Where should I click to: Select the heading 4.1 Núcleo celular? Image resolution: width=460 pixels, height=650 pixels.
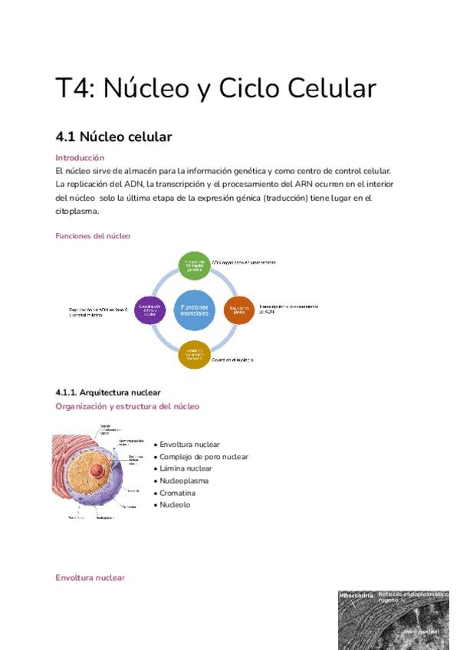113,137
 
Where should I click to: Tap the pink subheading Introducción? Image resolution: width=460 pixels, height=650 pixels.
80,157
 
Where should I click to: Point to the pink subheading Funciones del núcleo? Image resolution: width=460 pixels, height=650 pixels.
93,236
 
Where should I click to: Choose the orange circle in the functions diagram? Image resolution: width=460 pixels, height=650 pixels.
238,310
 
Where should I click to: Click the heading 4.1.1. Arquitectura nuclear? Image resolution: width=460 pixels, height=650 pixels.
108,392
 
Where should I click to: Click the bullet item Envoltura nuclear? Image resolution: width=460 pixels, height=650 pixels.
189,445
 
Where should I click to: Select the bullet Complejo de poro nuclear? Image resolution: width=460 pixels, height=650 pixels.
203,457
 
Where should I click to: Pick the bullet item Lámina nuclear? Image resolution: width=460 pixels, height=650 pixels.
186,468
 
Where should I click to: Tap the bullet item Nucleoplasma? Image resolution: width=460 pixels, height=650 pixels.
184,481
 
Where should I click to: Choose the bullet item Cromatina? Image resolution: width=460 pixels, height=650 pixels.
177,493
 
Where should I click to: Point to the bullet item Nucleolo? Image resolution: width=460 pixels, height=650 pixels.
175,504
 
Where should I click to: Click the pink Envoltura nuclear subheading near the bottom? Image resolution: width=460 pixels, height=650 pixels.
90,578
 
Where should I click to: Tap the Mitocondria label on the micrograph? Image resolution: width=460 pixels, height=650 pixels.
356,596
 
